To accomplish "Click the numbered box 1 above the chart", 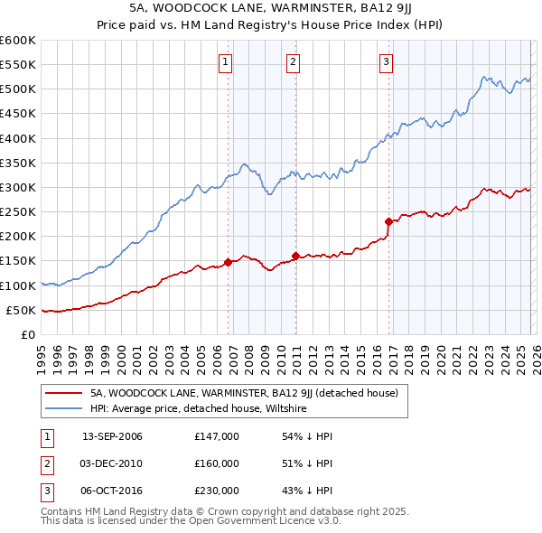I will click(225, 62).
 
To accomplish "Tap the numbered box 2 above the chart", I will click(294, 62).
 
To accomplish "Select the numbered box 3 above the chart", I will click(386, 62).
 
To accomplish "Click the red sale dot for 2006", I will click(228, 262).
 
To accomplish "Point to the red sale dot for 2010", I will click(295, 256).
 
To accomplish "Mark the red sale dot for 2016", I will click(388, 221).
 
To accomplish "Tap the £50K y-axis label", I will click(20, 310).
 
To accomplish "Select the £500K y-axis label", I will click(17, 89).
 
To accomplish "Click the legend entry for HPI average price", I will click(199, 408).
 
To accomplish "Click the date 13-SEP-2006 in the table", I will click(112, 436).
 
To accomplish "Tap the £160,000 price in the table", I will click(216, 463).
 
